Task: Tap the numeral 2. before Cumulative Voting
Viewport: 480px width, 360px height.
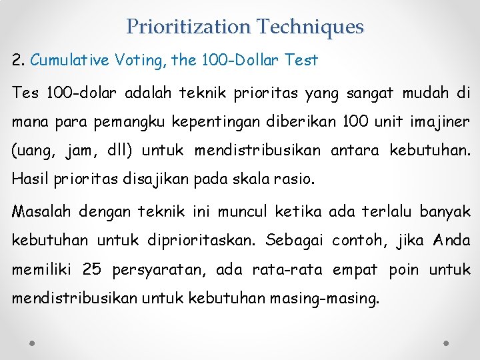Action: click(x=19, y=61)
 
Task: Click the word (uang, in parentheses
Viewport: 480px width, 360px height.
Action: click(x=34, y=151)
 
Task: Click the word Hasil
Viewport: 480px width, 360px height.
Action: click(x=27, y=180)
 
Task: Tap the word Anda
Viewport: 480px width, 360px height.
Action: click(x=453, y=241)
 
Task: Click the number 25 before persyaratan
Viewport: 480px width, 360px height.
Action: click(x=92, y=270)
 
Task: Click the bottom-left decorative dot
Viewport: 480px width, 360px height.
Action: click(x=33, y=342)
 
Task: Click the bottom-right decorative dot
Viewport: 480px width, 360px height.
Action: click(x=447, y=342)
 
